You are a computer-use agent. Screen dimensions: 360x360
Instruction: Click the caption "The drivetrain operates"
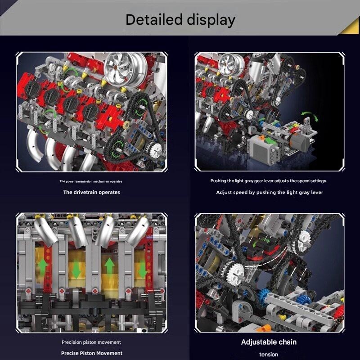point(92,192)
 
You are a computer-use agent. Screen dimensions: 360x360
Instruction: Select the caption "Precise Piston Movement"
point(92,353)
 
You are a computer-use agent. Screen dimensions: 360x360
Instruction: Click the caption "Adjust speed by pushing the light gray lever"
point(270,193)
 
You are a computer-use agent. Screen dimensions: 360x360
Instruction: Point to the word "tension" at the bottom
point(269,355)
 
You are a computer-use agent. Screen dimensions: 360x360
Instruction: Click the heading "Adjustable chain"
point(269,342)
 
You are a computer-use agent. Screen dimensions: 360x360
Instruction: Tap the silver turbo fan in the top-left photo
point(125,69)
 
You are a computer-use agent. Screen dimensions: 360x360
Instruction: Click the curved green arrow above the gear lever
point(310,116)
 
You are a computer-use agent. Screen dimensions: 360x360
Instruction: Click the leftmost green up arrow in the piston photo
point(43,268)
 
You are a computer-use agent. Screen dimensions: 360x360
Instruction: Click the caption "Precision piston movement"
point(91,342)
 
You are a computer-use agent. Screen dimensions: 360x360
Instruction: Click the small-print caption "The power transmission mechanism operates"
point(91,181)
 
